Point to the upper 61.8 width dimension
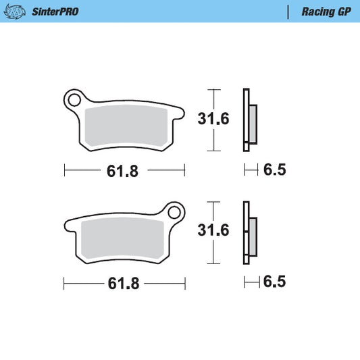123,171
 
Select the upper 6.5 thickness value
274,170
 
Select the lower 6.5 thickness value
274,281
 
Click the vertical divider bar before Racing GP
288,11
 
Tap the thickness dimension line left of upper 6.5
251,170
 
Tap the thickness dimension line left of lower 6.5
251,281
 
